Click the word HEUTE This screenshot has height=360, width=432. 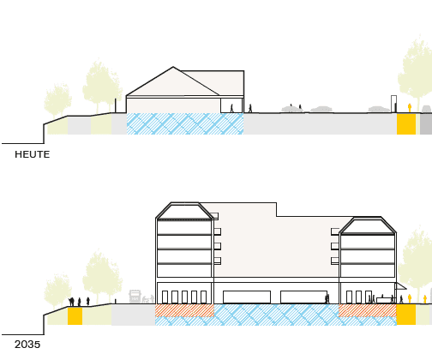tap(33, 154)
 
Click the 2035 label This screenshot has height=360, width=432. tap(27, 345)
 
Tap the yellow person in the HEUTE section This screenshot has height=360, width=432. tap(410, 108)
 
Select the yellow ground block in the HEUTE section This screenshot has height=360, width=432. tap(406, 123)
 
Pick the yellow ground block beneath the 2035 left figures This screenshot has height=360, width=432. tap(75, 315)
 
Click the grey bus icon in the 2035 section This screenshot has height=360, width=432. tap(135, 297)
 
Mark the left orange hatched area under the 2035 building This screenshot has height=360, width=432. tap(184, 310)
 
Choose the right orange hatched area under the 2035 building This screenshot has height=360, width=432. tap(368, 310)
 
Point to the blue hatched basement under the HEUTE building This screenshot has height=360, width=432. tap(185, 123)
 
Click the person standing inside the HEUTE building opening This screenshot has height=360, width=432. tap(231, 108)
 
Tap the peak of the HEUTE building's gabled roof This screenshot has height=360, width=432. tap(173, 67)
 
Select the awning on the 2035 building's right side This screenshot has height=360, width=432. tap(401, 286)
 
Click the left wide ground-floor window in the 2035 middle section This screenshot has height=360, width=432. tap(247, 297)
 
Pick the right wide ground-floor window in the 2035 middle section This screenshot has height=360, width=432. tap(304, 297)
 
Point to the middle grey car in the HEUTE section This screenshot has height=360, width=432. tap(322, 109)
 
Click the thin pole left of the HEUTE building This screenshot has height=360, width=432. tap(116, 105)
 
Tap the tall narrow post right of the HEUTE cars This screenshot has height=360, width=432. tap(393, 104)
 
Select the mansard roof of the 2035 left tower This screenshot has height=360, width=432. tap(184, 211)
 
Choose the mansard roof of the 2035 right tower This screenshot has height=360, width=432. tap(368, 225)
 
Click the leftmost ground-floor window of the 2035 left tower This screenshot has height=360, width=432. tap(165, 297)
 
